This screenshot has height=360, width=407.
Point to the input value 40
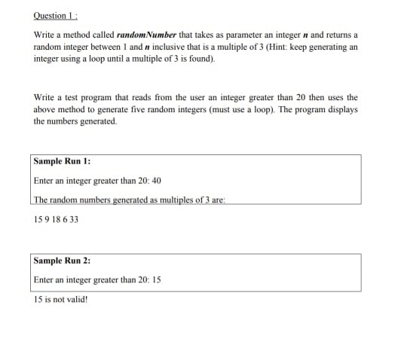tap(157, 181)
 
